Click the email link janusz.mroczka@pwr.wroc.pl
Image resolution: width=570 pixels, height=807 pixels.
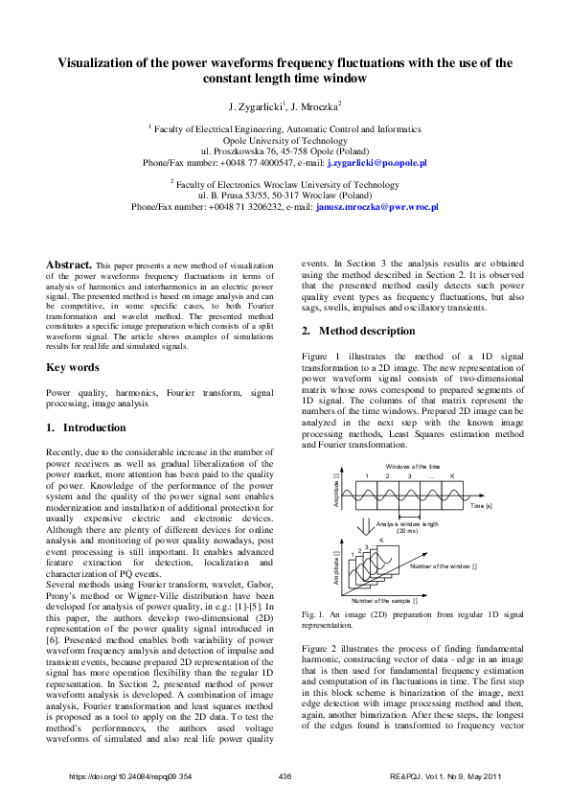click(x=376, y=206)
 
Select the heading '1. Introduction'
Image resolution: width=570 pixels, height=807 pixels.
click(x=86, y=427)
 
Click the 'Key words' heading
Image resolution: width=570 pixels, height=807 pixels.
click(x=72, y=367)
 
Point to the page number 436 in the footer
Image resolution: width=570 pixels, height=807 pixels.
click(x=285, y=775)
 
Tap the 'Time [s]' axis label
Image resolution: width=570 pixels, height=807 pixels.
click(x=481, y=505)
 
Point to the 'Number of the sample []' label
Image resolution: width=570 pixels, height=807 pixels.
click(x=384, y=599)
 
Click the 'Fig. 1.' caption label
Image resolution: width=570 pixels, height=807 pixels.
click(x=315, y=612)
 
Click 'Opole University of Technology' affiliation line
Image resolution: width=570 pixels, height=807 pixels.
click(x=285, y=139)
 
